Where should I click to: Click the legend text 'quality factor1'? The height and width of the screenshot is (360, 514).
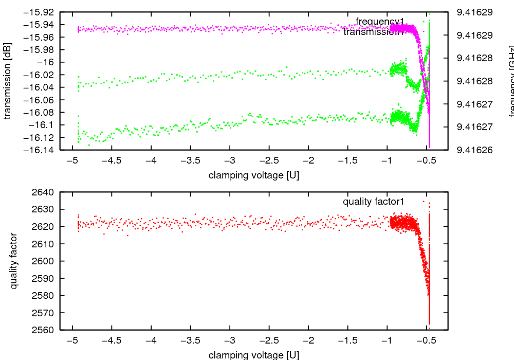tap(374, 201)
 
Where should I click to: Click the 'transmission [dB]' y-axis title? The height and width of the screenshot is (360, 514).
tap(7, 81)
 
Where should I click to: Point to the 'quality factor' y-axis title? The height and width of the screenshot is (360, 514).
tap(14, 261)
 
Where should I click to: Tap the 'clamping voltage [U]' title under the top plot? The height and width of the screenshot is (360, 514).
tap(254, 175)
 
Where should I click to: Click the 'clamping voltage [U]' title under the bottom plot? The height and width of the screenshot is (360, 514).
tap(254, 355)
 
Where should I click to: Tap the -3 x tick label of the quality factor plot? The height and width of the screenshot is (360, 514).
tap(230, 340)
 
